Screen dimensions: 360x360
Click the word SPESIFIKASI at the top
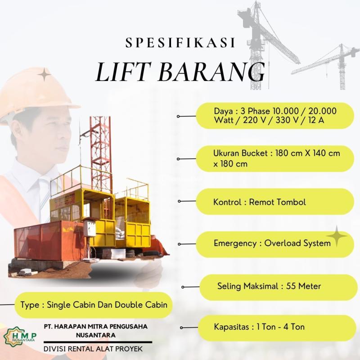coord(180,44)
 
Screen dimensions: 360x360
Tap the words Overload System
coord(297,243)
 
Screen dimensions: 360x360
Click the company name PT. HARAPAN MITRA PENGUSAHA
coord(96,326)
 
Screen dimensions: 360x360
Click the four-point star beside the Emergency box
coord(337,237)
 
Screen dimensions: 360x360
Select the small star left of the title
coord(45,75)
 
